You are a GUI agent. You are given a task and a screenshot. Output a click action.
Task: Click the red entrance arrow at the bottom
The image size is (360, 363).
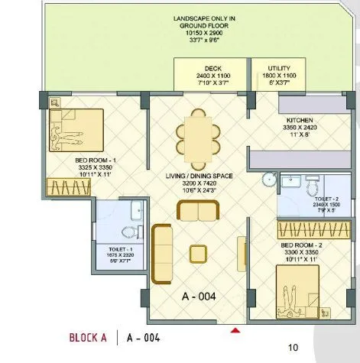pos(236,330)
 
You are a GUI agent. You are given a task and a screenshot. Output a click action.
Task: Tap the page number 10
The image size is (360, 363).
pos(293,348)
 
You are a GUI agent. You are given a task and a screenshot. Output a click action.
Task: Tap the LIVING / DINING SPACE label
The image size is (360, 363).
pos(198,177)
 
